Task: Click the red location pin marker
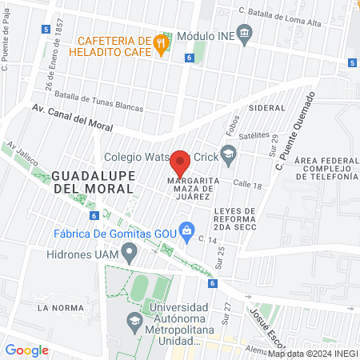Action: (x=180, y=162)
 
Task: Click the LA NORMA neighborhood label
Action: (x=55, y=307)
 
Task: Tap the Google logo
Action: (x=26, y=350)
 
